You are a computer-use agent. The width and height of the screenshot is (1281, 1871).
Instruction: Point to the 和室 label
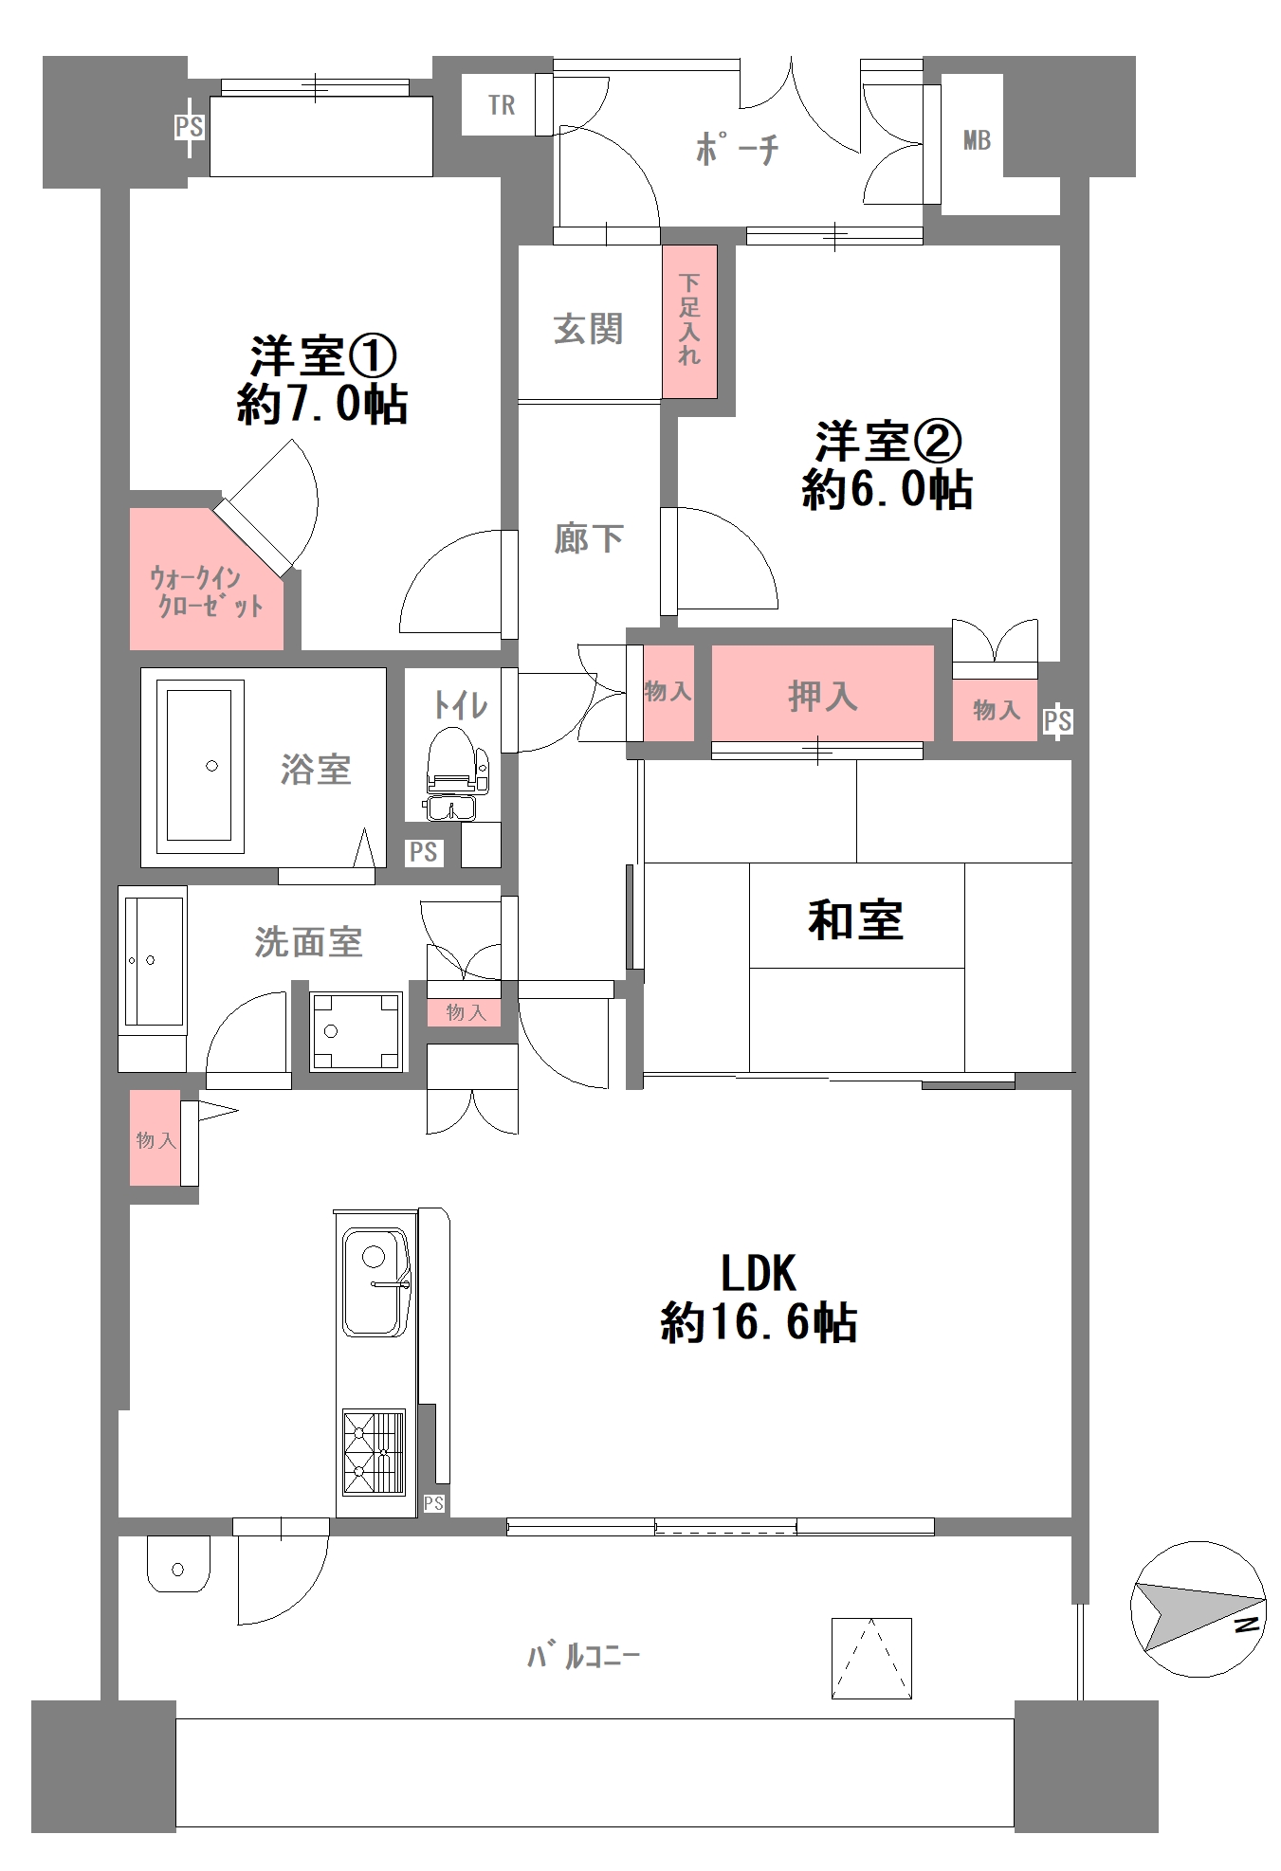(x=855, y=919)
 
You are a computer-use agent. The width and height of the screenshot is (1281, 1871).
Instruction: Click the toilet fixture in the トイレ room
(x=454, y=764)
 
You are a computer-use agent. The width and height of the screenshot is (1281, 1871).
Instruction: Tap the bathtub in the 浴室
(x=200, y=765)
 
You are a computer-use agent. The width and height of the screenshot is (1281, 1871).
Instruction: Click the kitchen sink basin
(x=375, y=1281)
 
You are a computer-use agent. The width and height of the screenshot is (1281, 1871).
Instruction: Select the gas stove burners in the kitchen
(x=374, y=1452)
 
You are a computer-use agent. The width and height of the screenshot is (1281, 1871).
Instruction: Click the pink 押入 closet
(x=822, y=694)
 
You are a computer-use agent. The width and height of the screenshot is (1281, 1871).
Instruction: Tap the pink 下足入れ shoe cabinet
(x=689, y=320)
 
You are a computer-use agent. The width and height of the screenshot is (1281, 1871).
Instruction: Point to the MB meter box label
(x=977, y=140)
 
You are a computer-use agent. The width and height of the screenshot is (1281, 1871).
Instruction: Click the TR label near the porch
(x=502, y=105)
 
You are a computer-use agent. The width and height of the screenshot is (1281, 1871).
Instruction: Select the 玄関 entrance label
(x=588, y=329)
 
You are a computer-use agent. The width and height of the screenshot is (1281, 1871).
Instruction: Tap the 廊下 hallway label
(x=588, y=538)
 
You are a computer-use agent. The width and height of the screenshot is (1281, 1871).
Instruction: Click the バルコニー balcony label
(x=583, y=1657)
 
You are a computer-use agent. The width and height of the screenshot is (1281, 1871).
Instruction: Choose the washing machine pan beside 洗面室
(x=356, y=1030)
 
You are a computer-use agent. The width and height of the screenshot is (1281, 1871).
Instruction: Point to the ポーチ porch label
(x=737, y=149)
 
